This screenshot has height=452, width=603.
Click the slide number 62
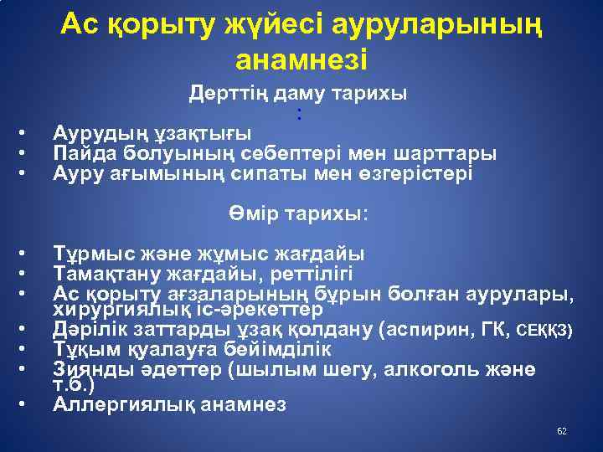(x=562, y=430)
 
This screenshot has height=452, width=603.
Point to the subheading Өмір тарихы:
(x=298, y=213)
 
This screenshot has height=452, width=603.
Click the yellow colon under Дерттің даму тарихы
(x=298, y=114)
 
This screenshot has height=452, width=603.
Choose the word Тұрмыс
(x=91, y=254)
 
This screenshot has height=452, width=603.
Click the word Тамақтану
(x=110, y=274)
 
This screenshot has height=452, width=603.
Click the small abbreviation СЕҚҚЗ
(x=544, y=331)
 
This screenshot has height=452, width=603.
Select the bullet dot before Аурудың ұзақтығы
(x=27, y=133)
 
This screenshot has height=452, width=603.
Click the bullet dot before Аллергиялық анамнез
(x=27, y=405)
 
